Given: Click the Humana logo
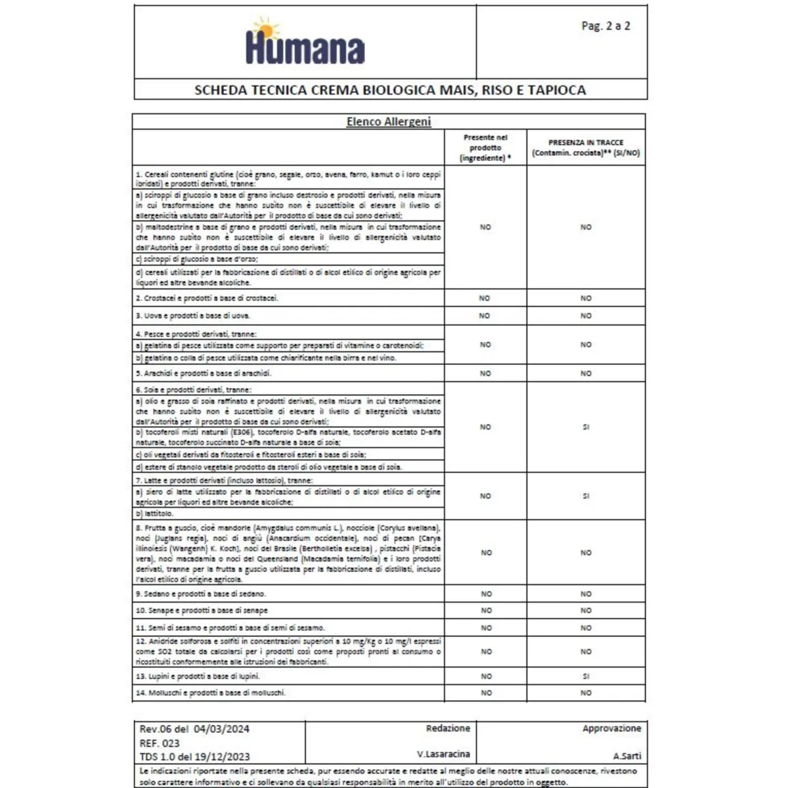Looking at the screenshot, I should (305, 43).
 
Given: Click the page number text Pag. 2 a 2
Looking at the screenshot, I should (605, 26).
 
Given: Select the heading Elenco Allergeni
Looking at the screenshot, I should (389, 121).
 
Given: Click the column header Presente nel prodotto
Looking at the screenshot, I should (485, 148).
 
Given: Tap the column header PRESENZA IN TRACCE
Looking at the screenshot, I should (586, 148).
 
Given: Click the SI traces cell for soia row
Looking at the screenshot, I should (586, 427).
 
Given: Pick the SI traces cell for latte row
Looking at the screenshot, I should (586, 496).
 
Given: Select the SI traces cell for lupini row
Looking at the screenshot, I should (586, 676).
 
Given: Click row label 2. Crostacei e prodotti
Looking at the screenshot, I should (207, 298).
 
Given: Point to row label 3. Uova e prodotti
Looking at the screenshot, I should (193, 316).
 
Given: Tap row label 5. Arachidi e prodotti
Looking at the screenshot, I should (204, 373).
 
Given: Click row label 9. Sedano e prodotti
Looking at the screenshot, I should (201, 594).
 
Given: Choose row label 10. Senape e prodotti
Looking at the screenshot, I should (202, 611).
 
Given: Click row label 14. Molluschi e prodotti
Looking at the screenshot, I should (211, 693).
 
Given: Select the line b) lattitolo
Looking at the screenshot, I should (155, 514).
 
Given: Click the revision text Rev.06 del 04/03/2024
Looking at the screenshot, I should (194, 729).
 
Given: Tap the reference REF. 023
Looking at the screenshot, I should (160, 743).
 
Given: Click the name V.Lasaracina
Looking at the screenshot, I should (443, 754).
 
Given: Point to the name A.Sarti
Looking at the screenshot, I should (627, 756).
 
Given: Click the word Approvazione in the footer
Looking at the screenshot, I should (611, 728).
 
